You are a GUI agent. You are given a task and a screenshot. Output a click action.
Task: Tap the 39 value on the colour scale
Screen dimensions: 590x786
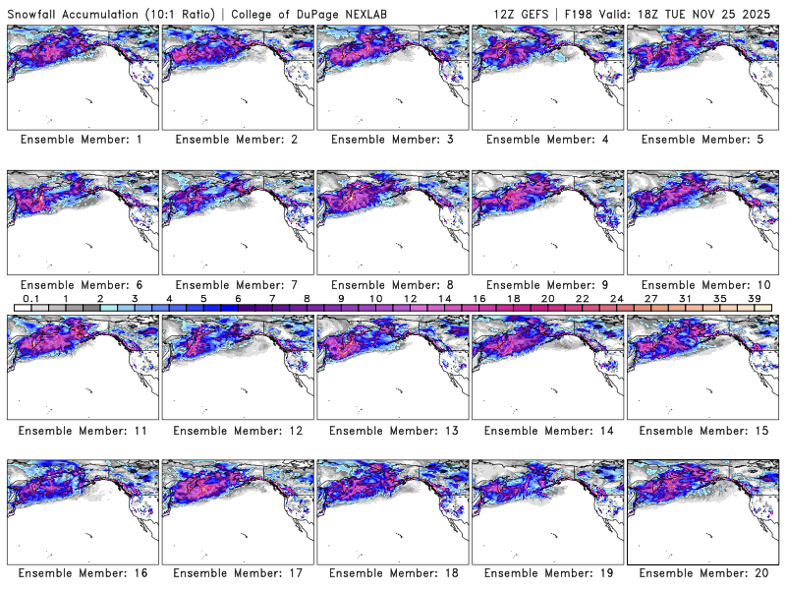[x=755, y=297]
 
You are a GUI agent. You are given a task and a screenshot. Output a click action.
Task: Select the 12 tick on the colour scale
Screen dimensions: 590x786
[x=410, y=297]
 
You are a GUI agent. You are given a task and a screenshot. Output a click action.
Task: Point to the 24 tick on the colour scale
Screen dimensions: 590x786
[x=616, y=297]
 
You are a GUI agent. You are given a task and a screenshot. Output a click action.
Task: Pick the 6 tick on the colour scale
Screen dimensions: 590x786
[x=238, y=297]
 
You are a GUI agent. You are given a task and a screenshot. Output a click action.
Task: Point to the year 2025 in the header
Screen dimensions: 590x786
[x=761, y=12]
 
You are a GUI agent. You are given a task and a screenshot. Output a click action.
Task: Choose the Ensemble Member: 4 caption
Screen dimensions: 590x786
[x=547, y=140]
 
